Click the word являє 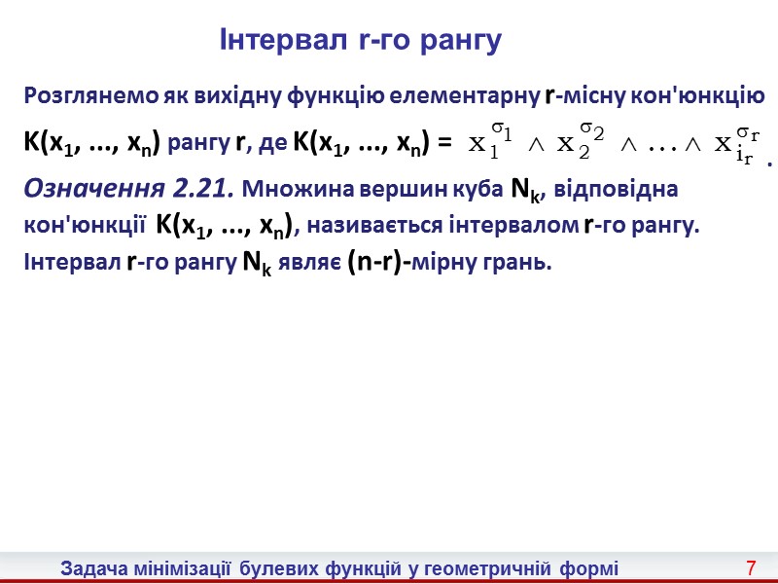[x=308, y=263]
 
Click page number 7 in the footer [x=751, y=566]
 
